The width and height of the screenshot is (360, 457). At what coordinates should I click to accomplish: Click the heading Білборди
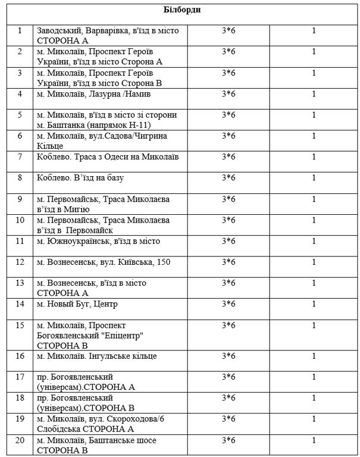point(182,10)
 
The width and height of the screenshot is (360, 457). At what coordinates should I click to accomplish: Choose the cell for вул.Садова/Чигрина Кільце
point(102,140)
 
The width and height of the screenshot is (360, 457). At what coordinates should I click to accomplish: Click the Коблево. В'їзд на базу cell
point(80,178)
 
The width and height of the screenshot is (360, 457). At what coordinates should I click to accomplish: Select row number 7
point(20,157)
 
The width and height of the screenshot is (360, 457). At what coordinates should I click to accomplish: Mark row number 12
point(20,262)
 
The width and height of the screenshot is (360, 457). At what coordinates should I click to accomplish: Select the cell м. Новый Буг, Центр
point(77,304)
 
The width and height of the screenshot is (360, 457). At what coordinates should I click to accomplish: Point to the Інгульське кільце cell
point(96,356)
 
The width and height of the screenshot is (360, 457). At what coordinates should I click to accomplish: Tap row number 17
point(20,377)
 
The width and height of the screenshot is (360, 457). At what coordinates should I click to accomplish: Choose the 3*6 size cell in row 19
point(228,419)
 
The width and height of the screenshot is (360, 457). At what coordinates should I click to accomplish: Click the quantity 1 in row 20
point(314,440)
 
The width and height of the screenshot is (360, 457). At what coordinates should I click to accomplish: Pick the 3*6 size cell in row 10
point(228,220)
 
